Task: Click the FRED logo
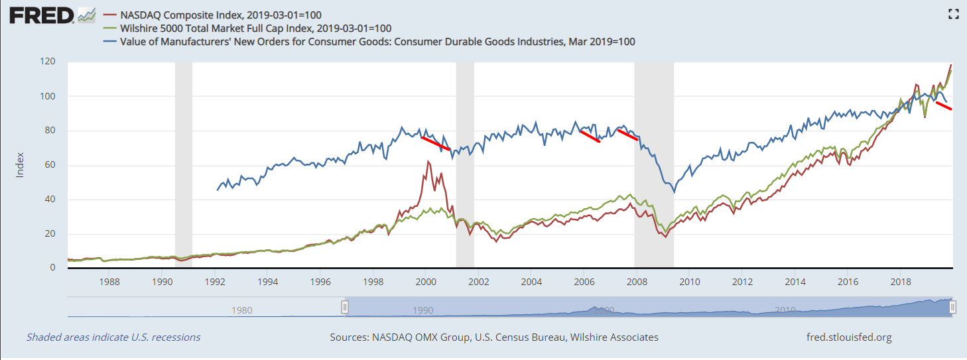coord(41,15)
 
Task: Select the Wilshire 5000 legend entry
coord(255,28)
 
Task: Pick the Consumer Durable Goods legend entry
coord(377,42)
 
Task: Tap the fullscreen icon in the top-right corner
coord(954,13)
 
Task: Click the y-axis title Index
coord(20,165)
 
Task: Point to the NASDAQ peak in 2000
coord(428,162)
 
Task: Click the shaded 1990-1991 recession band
coord(183,165)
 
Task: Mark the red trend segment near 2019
coord(944,105)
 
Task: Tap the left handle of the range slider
coord(345,307)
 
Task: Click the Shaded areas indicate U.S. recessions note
coord(113,337)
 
